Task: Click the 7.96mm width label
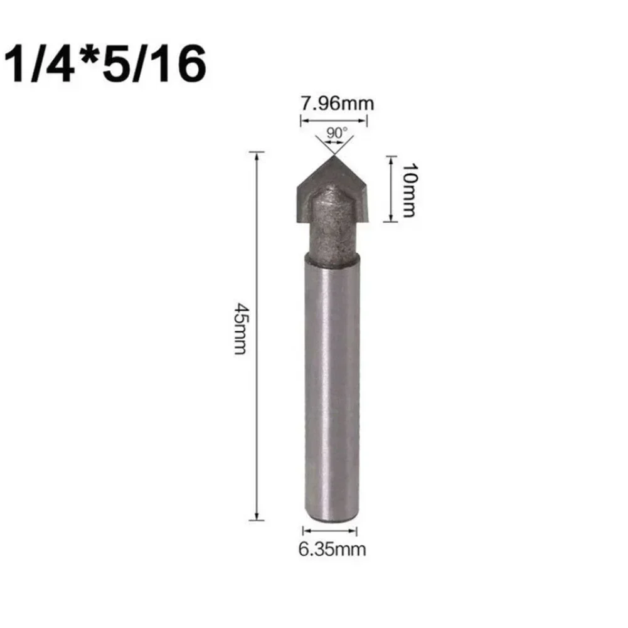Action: [x=337, y=103]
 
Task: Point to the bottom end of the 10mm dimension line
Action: [x=390, y=220]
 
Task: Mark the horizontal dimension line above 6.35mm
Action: [x=331, y=531]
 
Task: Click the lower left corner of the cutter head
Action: [x=297, y=220]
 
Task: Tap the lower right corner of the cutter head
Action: [x=369, y=220]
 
